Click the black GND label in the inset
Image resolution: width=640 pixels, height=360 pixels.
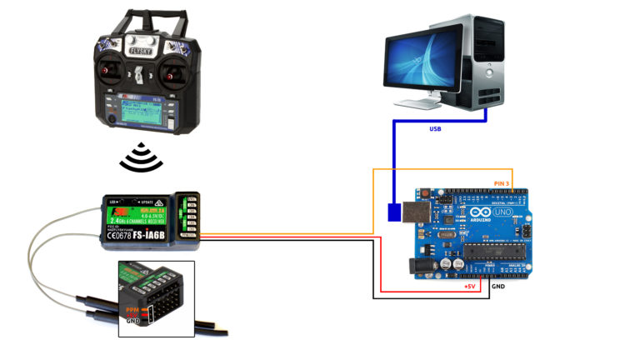pyautogui.click(x=132, y=321)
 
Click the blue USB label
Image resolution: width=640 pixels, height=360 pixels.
pyautogui.click(x=435, y=129)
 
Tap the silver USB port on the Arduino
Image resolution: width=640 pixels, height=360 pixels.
pyautogui.click(x=417, y=210)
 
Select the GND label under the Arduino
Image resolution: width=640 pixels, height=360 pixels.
pyautogui.click(x=498, y=287)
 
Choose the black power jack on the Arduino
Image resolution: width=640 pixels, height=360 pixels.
pyautogui.click(x=419, y=264)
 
